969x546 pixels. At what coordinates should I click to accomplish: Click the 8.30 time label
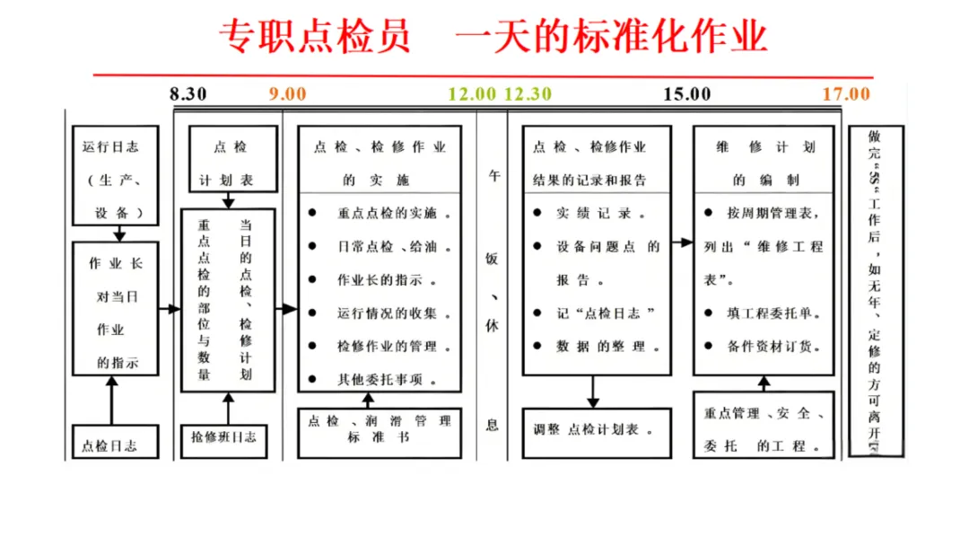pos(188,94)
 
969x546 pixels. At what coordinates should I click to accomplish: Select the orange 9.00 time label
pos(287,94)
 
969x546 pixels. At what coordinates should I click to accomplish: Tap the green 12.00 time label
pos(472,94)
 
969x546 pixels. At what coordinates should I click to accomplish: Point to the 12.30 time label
pos(528,94)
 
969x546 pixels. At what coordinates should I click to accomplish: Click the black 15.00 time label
pos(687,94)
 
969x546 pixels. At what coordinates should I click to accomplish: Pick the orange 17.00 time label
pos(846,94)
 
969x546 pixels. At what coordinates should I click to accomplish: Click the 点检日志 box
pos(115,442)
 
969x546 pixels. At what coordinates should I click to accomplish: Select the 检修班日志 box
pos(223,438)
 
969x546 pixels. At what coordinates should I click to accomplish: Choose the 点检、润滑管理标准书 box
pos(379,430)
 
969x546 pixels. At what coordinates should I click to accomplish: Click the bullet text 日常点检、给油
pos(388,246)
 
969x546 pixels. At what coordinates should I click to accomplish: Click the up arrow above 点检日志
pos(112,399)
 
